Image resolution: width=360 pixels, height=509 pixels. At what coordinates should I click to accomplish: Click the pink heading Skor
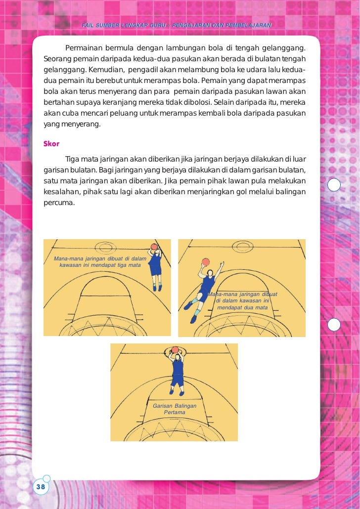(x=51, y=144)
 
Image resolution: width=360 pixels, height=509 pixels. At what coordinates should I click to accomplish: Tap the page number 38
(x=40, y=487)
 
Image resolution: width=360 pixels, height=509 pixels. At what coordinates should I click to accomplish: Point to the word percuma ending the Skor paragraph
(x=59, y=202)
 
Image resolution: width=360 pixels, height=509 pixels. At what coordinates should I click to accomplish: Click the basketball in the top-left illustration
(x=154, y=247)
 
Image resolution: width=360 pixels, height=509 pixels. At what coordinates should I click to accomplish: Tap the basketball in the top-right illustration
(x=206, y=262)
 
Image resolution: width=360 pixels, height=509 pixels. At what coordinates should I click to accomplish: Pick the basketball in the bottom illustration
(x=175, y=350)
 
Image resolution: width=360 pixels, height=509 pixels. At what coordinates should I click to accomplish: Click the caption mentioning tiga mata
(x=97, y=262)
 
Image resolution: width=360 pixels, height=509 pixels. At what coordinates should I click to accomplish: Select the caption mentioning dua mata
(x=242, y=301)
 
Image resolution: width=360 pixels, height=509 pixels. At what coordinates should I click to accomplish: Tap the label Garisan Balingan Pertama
(x=175, y=409)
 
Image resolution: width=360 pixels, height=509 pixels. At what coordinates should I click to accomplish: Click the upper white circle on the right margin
(x=334, y=185)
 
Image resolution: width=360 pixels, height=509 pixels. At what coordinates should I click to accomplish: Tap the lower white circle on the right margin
(x=334, y=324)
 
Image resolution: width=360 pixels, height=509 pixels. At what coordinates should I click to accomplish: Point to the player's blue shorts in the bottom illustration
(x=177, y=381)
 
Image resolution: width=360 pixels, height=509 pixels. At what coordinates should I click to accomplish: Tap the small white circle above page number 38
(x=46, y=478)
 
